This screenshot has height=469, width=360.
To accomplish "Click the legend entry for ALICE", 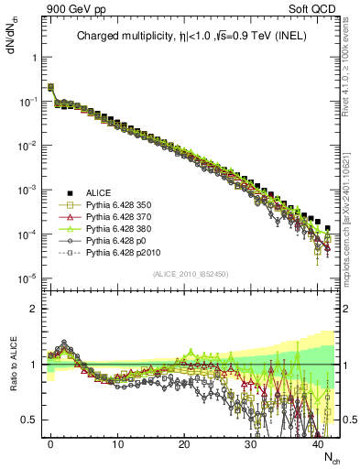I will click(99, 192).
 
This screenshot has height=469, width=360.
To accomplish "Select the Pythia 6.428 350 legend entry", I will click(116, 206).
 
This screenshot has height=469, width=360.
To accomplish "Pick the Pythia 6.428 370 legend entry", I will click(116, 220).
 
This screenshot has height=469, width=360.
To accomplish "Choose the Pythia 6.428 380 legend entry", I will click(116, 234).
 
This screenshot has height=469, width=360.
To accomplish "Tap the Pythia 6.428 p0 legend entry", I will click(114, 247).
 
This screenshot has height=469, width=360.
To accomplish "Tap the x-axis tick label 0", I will click(50, 444).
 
